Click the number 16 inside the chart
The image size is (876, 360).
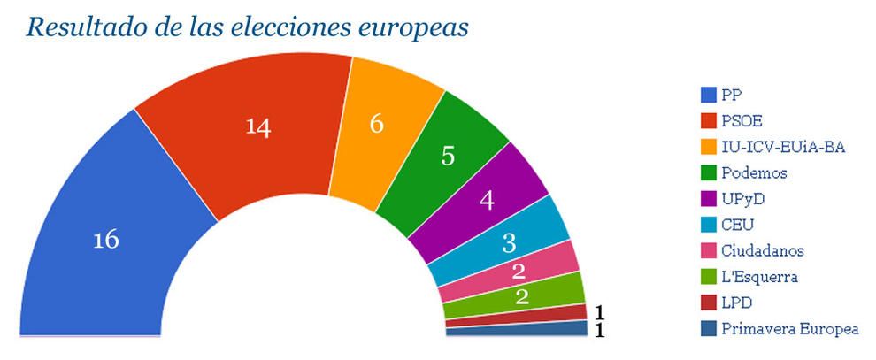click(106, 240)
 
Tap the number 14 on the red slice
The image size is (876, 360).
click(257, 126)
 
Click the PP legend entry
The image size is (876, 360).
click(731, 95)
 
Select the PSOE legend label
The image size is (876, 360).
click(742, 121)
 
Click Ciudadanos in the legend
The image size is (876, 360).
click(763, 251)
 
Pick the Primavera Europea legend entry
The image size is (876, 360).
click(790, 329)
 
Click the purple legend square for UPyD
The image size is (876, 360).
click(708, 199)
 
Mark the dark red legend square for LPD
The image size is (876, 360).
click(708, 303)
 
